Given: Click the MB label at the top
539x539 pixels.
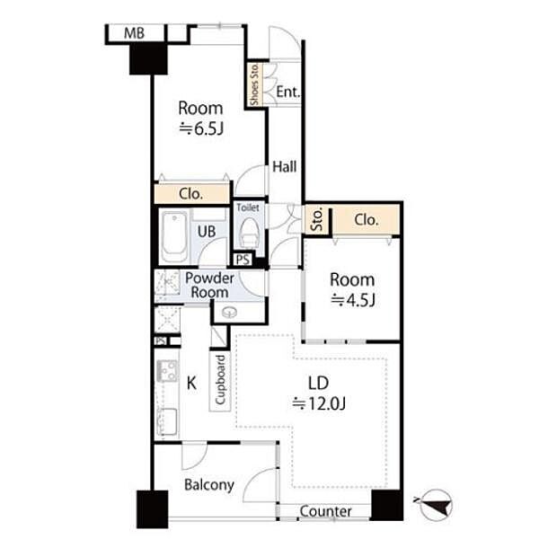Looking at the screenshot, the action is click(134, 33).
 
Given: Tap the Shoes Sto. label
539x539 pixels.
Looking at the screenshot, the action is click(254, 84).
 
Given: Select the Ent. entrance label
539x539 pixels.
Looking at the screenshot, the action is click(288, 92).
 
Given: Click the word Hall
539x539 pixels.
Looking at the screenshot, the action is click(284, 167).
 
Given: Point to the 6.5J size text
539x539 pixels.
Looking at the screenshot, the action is click(201, 129).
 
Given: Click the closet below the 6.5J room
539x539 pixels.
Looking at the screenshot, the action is click(191, 194).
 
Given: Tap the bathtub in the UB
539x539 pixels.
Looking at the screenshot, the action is click(174, 236).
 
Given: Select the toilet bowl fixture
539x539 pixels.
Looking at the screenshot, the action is click(249, 233).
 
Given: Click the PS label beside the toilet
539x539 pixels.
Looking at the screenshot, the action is click(243, 260).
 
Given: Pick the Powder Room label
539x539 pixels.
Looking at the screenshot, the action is click(209, 285).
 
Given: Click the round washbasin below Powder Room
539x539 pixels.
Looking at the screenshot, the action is click(229, 312).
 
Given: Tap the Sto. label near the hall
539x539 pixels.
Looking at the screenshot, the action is click(317, 220).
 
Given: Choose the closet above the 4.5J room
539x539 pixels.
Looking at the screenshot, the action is click(367, 220).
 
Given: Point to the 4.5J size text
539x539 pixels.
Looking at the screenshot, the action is click(353, 300).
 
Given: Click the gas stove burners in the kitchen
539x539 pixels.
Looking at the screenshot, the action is click(167, 370).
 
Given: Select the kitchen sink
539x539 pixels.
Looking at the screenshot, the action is click(167, 420).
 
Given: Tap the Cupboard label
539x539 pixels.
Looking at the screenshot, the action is click(220, 380).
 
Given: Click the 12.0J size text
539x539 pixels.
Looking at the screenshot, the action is click(319, 403).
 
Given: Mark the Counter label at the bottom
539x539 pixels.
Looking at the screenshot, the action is click(325, 511).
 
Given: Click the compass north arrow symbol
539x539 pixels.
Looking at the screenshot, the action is click(436, 505).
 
